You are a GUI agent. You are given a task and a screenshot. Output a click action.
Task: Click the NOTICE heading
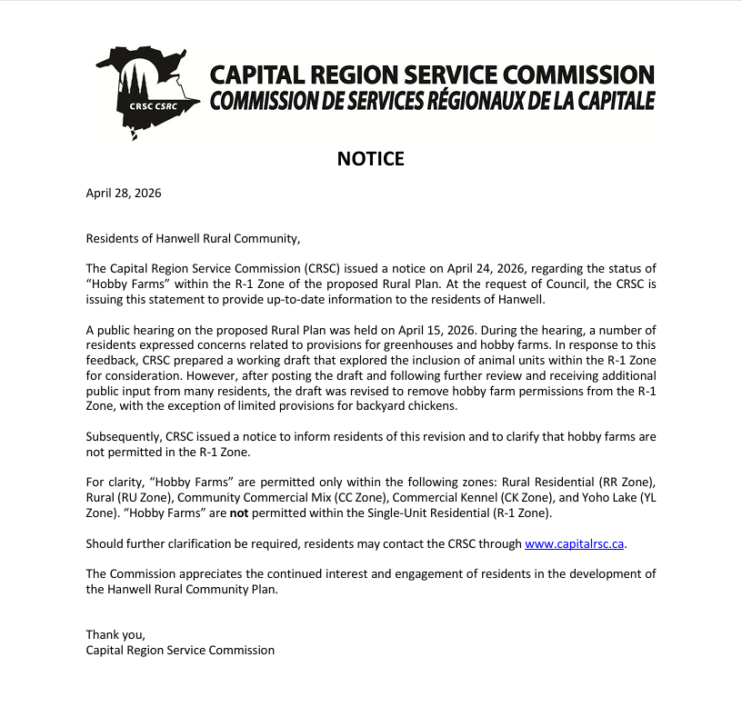point(370,159)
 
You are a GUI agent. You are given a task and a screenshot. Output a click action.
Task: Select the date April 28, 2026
point(124,193)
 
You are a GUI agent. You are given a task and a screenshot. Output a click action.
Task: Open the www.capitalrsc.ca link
point(575,544)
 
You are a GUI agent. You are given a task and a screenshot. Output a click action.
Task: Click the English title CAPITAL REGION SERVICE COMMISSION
point(432,74)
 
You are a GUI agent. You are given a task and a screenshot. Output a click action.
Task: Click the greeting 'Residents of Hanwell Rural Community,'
point(192,239)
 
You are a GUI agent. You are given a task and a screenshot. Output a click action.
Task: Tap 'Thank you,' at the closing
point(115,635)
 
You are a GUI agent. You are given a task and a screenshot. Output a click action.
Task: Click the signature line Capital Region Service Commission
point(180,651)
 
